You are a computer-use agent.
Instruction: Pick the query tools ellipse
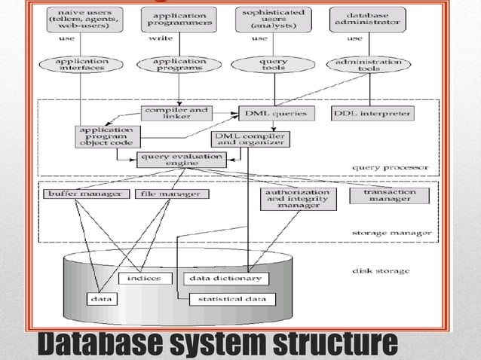click(x=272, y=65)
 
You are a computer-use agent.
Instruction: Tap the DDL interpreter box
click(x=372, y=114)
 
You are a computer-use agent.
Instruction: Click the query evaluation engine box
click(x=181, y=159)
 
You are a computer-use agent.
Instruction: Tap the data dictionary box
click(x=225, y=279)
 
